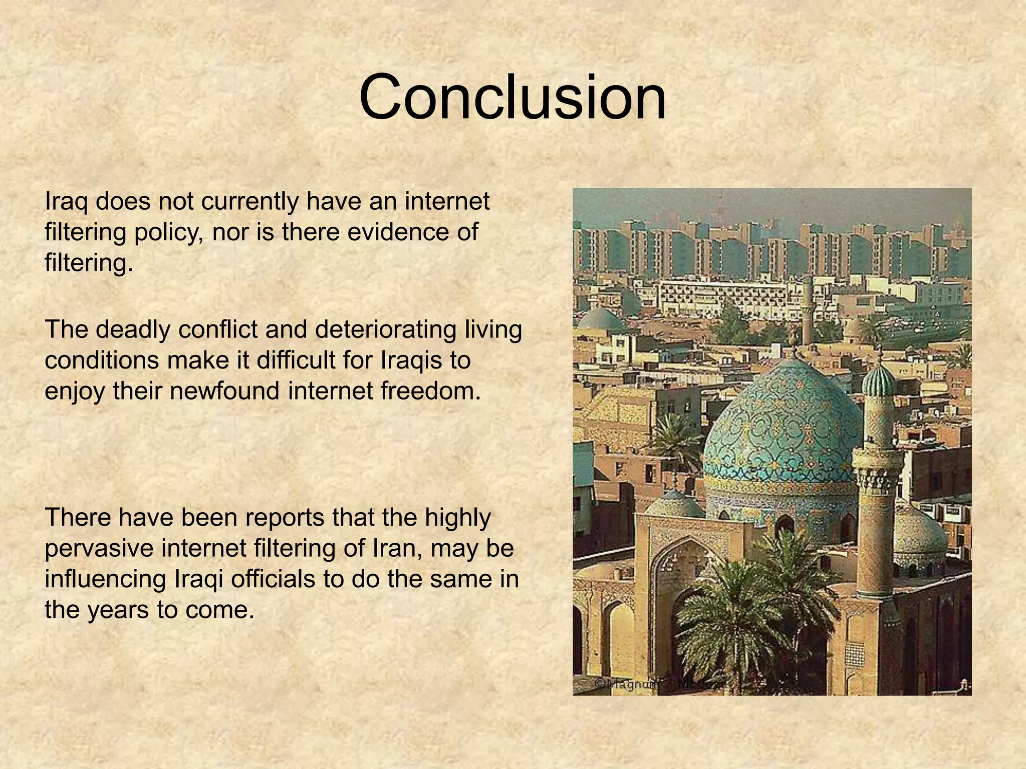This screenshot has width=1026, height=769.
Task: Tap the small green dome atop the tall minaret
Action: [878, 380]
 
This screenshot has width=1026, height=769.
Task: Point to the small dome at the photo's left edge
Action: [601, 320]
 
